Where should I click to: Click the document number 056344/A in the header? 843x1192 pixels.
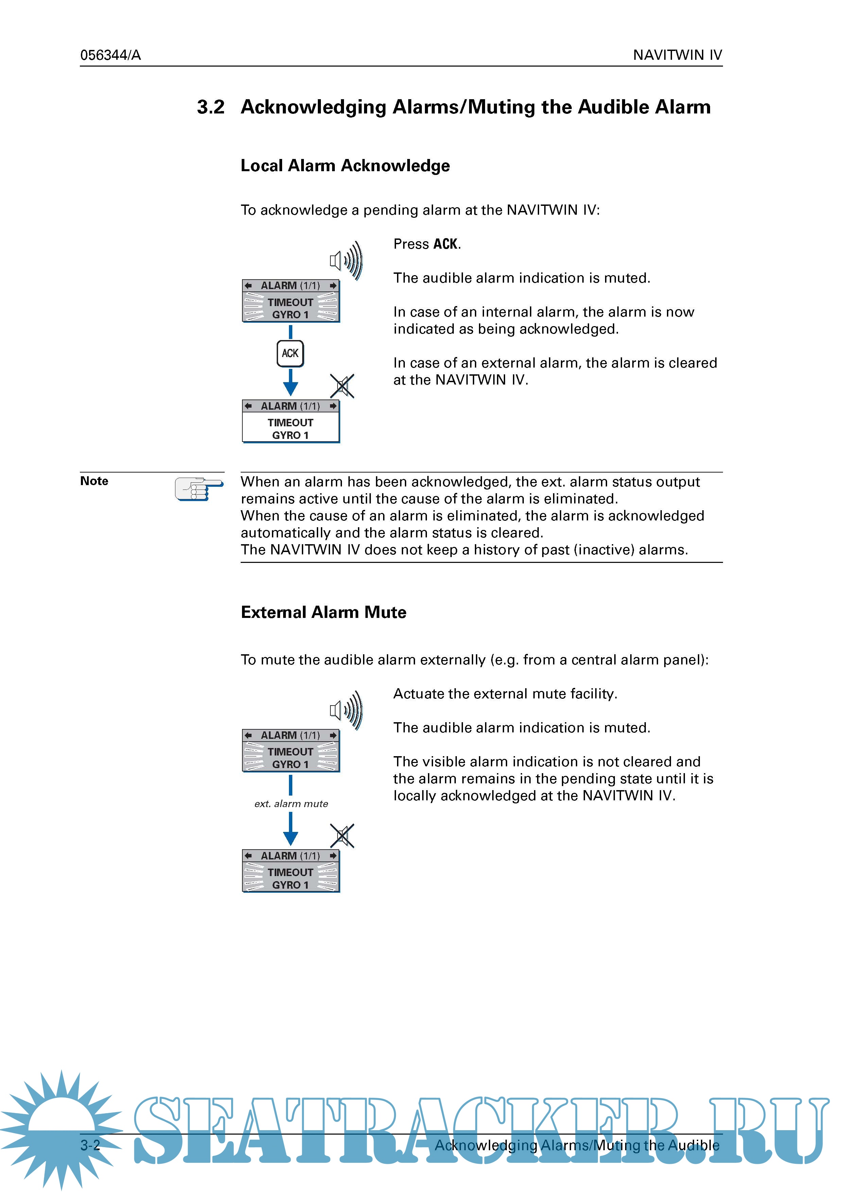click(110, 55)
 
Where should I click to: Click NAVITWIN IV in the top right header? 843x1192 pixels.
click(677, 55)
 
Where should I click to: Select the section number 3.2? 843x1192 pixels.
click(210, 107)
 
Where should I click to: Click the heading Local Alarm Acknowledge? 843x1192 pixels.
click(345, 166)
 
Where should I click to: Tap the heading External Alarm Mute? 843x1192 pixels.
click(323, 612)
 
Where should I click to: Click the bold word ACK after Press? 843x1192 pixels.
click(446, 244)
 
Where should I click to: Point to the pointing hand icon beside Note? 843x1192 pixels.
click(199, 488)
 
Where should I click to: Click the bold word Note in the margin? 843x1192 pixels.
click(94, 481)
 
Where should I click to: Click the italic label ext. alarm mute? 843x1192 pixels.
click(291, 804)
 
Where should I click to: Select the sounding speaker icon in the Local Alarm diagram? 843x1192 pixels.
click(346, 260)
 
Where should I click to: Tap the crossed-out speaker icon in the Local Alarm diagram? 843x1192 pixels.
click(342, 386)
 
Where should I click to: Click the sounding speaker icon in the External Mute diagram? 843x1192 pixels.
click(346, 710)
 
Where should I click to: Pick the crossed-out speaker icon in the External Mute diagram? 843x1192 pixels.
click(342, 836)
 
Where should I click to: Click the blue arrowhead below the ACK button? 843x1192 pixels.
click(290, 388)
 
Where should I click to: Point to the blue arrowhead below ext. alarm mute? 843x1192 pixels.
click(290, 838)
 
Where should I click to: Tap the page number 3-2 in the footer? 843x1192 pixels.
click(90, 1145)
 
